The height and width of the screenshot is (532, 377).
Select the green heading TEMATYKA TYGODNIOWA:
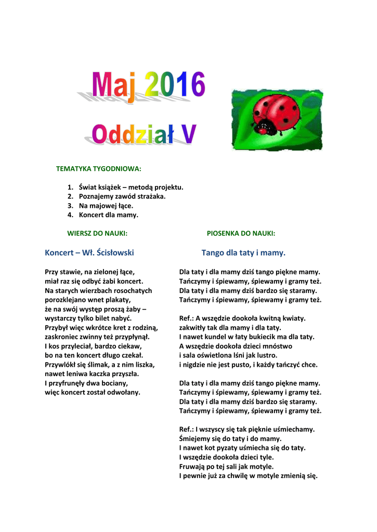click(99, 169)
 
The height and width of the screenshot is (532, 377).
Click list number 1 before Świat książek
click(70, 187)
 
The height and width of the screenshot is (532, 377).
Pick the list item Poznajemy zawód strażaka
click(122, 196)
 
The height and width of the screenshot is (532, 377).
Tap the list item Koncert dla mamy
click(109, 215)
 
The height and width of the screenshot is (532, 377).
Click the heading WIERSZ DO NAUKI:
click(97, 233)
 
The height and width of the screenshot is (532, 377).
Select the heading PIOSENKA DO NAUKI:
click(241, 233)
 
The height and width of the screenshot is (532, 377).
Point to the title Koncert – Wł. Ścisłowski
click(89, 253)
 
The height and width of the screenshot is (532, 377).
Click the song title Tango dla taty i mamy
click(243, 253)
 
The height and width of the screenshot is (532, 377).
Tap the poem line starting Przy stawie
click(90, 272)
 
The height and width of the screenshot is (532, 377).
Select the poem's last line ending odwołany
click(93, 392)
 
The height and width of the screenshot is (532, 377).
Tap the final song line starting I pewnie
click(248, 476)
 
